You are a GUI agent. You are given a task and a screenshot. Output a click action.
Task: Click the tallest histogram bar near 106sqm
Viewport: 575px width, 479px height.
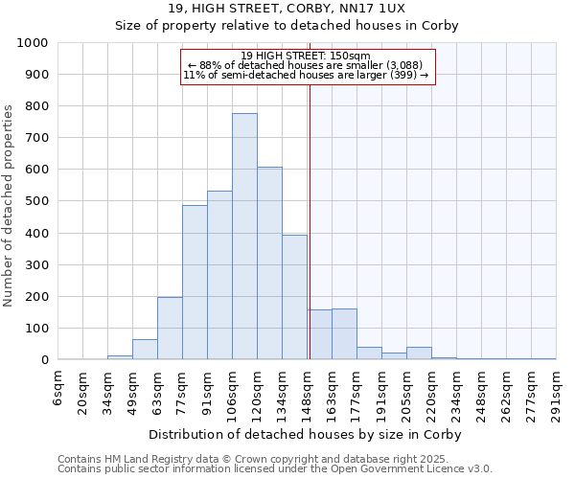pos(244,237)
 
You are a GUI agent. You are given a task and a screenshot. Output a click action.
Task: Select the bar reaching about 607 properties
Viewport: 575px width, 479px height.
pos(269,263)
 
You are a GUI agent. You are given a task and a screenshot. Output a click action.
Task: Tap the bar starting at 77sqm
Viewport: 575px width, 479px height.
pos(195,283)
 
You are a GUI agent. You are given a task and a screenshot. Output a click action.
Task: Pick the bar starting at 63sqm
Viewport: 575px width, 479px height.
pos(170,329)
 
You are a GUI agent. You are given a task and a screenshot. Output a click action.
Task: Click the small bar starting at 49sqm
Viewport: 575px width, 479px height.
pos(145,350)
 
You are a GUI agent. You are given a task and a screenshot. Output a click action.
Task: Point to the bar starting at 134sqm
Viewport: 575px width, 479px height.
pos(294,297)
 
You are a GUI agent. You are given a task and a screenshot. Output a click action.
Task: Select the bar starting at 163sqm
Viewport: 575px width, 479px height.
pos(344,334)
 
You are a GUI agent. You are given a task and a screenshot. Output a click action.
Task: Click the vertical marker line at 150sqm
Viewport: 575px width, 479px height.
pos(310,220)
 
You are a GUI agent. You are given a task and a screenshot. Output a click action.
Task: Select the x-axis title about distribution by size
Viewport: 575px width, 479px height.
pos(306,434)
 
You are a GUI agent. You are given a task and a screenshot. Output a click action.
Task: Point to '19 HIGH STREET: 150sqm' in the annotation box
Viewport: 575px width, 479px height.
pos(307,56)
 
